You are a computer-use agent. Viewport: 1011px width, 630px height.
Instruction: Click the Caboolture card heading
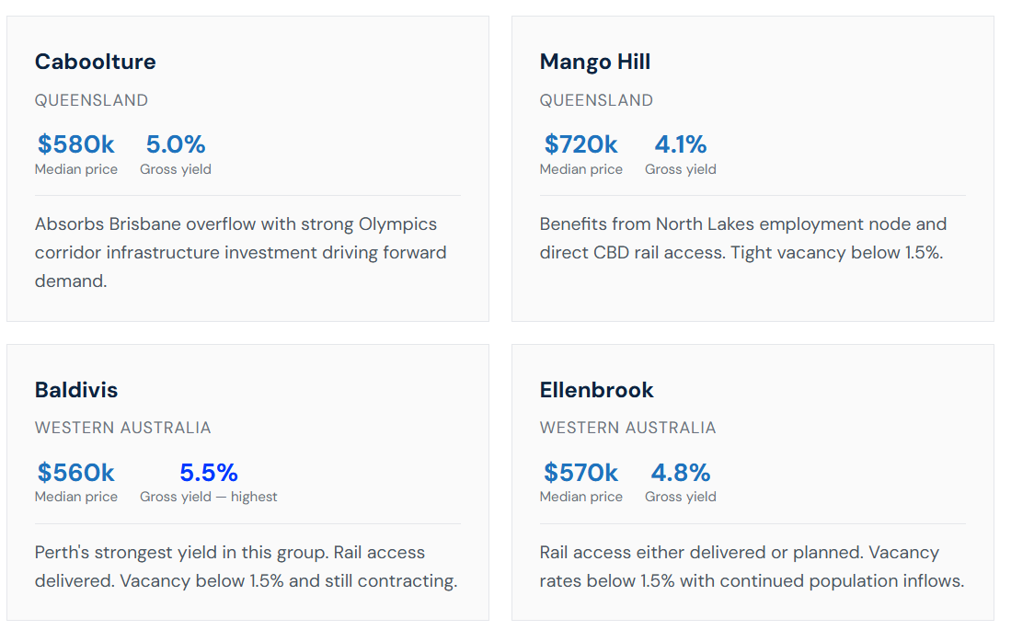96,62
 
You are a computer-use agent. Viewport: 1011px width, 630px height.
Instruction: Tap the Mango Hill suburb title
595,63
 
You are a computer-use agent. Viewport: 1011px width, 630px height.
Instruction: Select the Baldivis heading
76,390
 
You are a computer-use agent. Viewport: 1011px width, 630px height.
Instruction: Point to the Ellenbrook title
596,390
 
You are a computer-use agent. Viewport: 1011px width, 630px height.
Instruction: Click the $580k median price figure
76,144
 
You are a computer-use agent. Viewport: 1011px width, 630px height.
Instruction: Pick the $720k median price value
581,144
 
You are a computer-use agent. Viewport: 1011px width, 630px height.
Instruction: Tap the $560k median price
76,473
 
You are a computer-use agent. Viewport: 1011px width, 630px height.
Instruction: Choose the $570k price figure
581,473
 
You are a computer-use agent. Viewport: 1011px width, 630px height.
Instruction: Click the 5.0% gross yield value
176,144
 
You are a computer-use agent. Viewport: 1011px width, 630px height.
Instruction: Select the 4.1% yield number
681,144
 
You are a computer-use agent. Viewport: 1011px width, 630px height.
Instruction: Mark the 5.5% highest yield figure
209,473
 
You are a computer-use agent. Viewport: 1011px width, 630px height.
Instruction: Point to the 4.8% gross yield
681,473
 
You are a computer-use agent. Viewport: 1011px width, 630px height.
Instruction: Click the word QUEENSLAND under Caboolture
92,100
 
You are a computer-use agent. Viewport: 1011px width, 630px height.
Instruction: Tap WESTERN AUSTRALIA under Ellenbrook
628,429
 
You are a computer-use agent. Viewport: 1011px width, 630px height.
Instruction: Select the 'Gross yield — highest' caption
208,498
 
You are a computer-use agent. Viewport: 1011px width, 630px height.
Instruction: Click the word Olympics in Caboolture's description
397,224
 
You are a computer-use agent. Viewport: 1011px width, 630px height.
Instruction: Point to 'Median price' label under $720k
581,169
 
